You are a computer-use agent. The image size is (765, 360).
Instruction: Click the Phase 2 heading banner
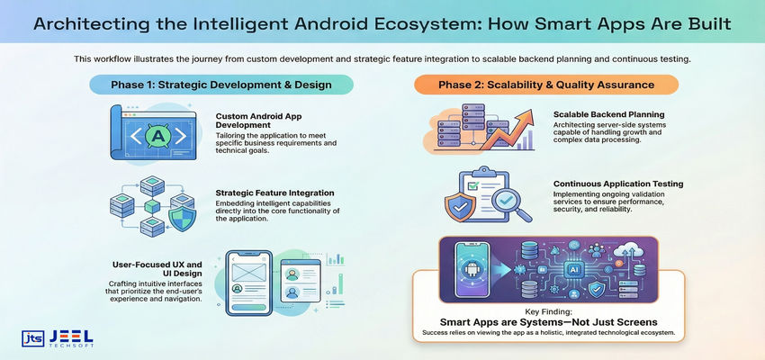click(x=546, y=85)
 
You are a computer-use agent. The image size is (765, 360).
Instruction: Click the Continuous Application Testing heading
click(x=618, y=184)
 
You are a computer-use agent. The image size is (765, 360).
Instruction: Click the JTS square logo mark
click(x=32, y=337)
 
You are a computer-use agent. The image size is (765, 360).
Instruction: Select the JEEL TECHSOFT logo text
click(x=70, y=337)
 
